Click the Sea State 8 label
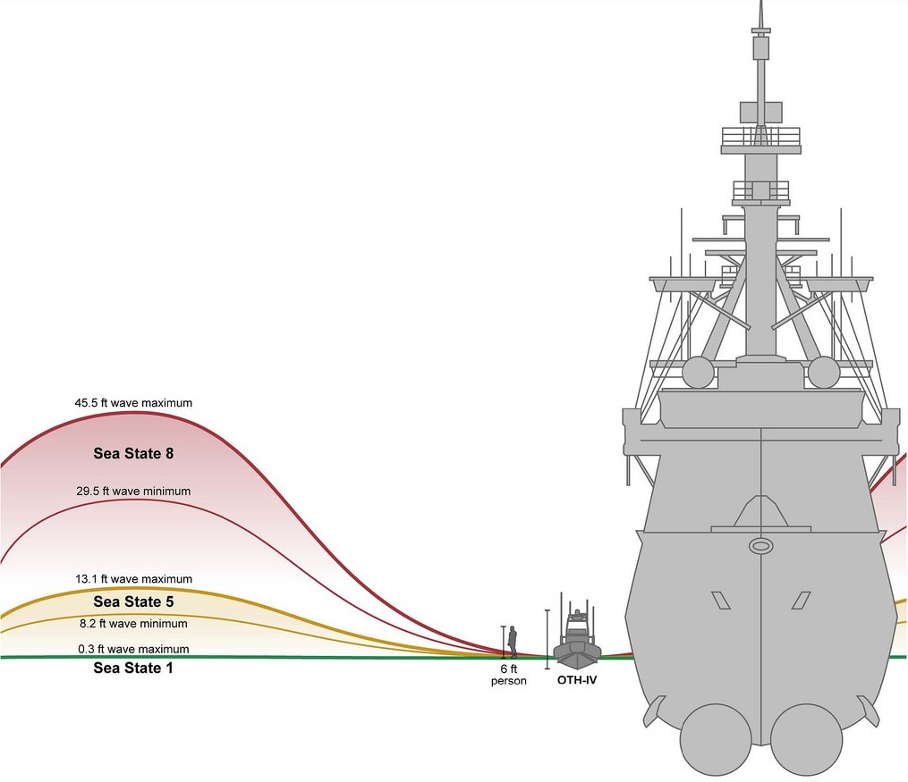134,453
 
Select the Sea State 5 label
134,601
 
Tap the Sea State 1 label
133,668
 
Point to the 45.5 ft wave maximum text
133,402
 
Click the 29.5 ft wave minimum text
133,491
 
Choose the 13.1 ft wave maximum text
133,579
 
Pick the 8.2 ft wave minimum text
133,624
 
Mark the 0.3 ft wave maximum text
133,649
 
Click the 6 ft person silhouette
513,642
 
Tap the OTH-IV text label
577,680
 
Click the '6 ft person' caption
508,675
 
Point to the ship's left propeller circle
716,739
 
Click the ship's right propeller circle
807,739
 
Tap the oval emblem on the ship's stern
761,545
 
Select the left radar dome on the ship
698,372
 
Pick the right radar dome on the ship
823,372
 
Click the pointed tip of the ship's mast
761,2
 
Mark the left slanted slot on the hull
720,601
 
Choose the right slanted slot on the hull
801,601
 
